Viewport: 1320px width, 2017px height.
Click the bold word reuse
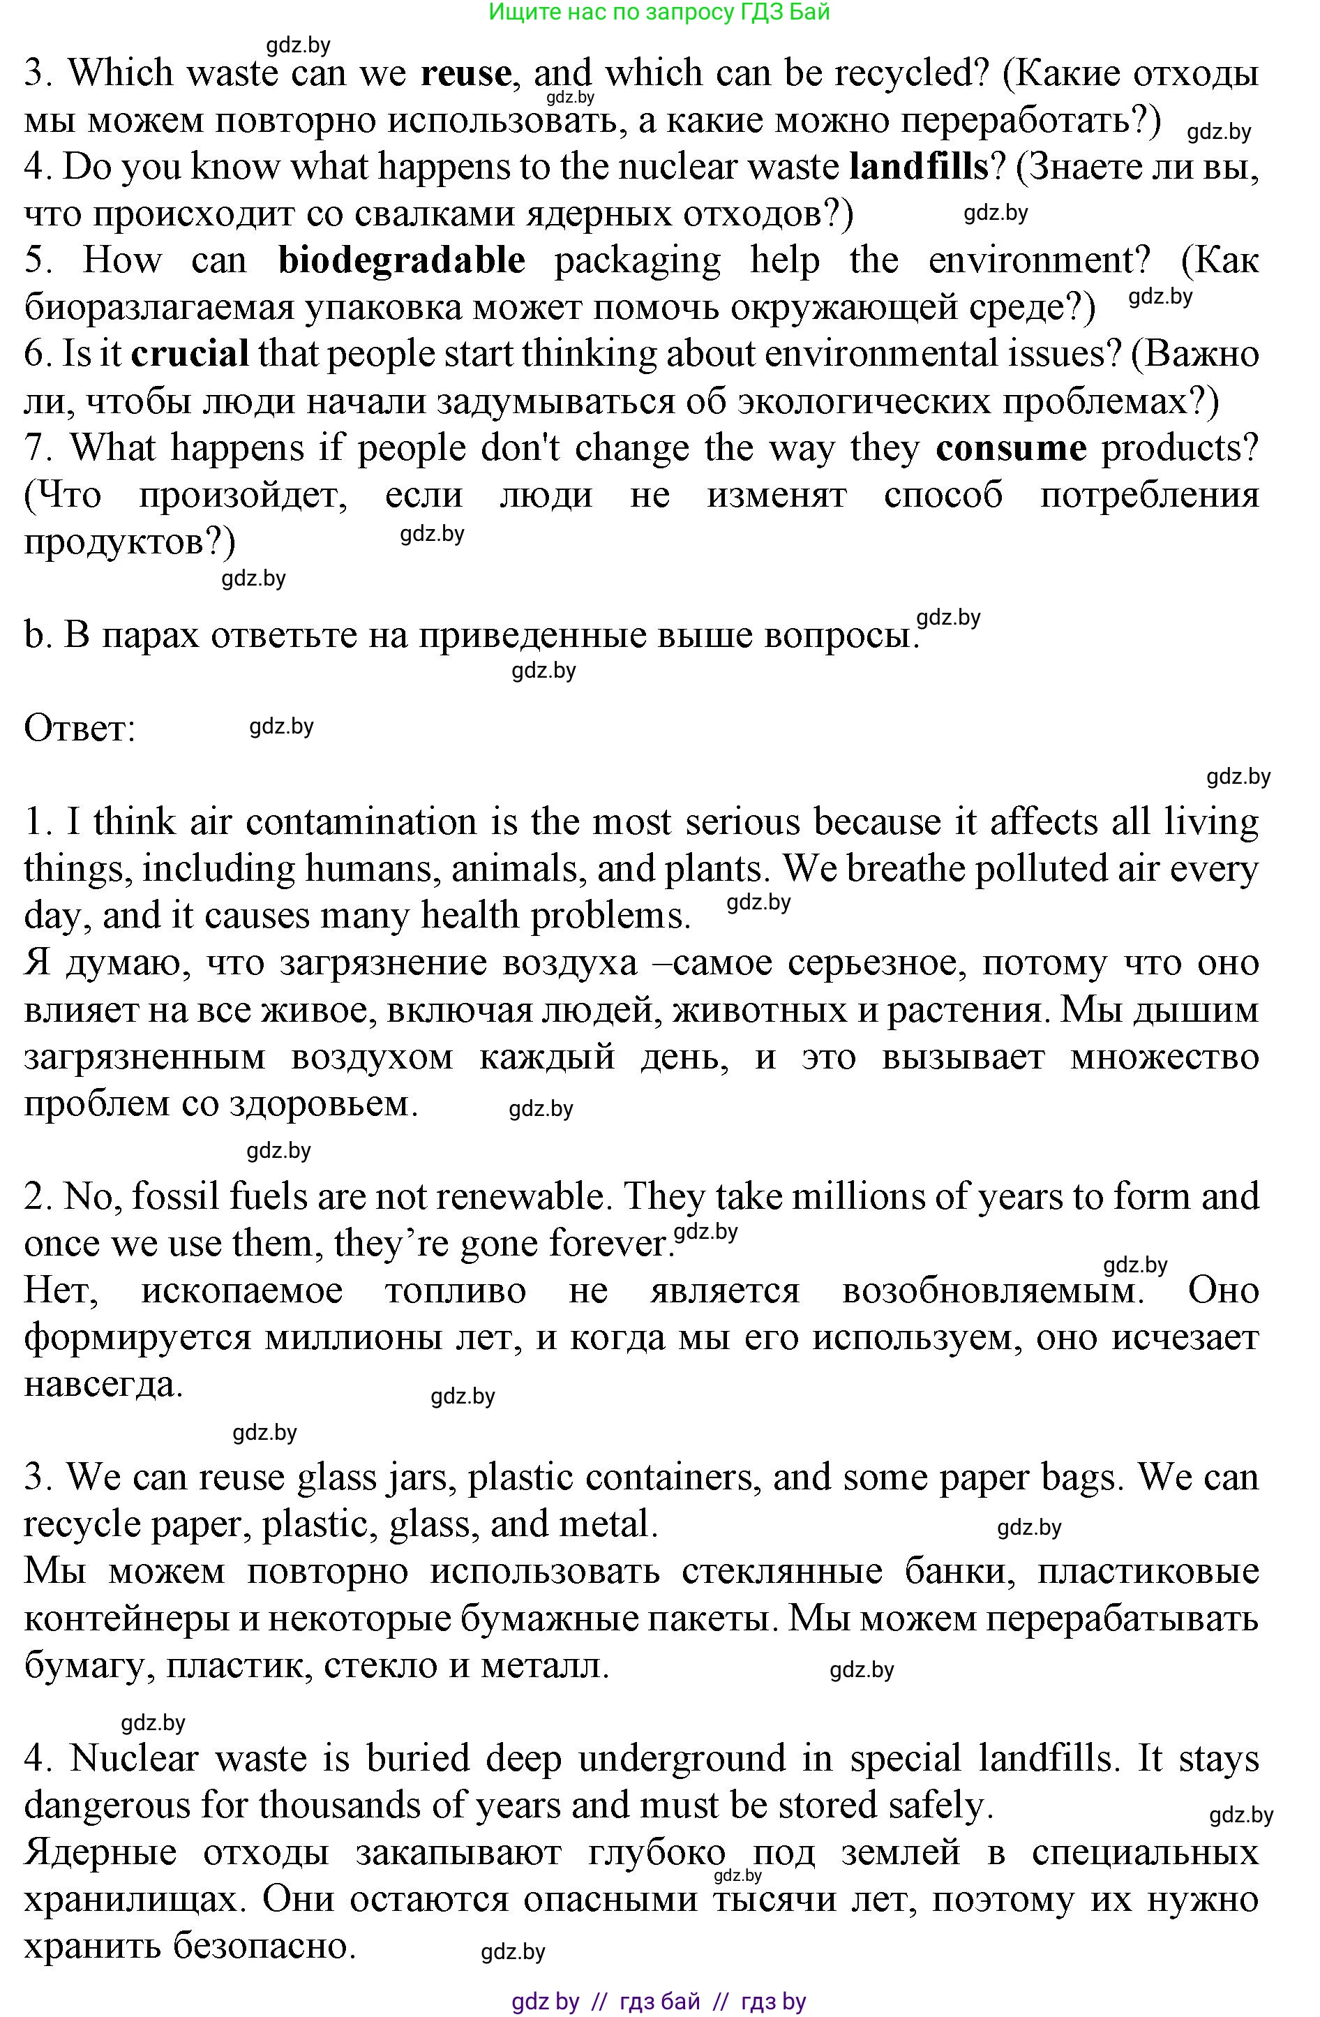pos(465,75)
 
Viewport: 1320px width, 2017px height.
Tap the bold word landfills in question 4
pos(918,167)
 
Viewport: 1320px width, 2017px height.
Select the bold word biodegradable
pos(402,260)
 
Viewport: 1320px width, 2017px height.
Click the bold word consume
pos(1011,447)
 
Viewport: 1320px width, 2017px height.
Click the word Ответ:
pos(80,729)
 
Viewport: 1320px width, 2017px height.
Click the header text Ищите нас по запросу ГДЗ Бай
pos(659,12)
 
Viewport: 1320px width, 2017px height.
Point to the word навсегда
pos(103,1384)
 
